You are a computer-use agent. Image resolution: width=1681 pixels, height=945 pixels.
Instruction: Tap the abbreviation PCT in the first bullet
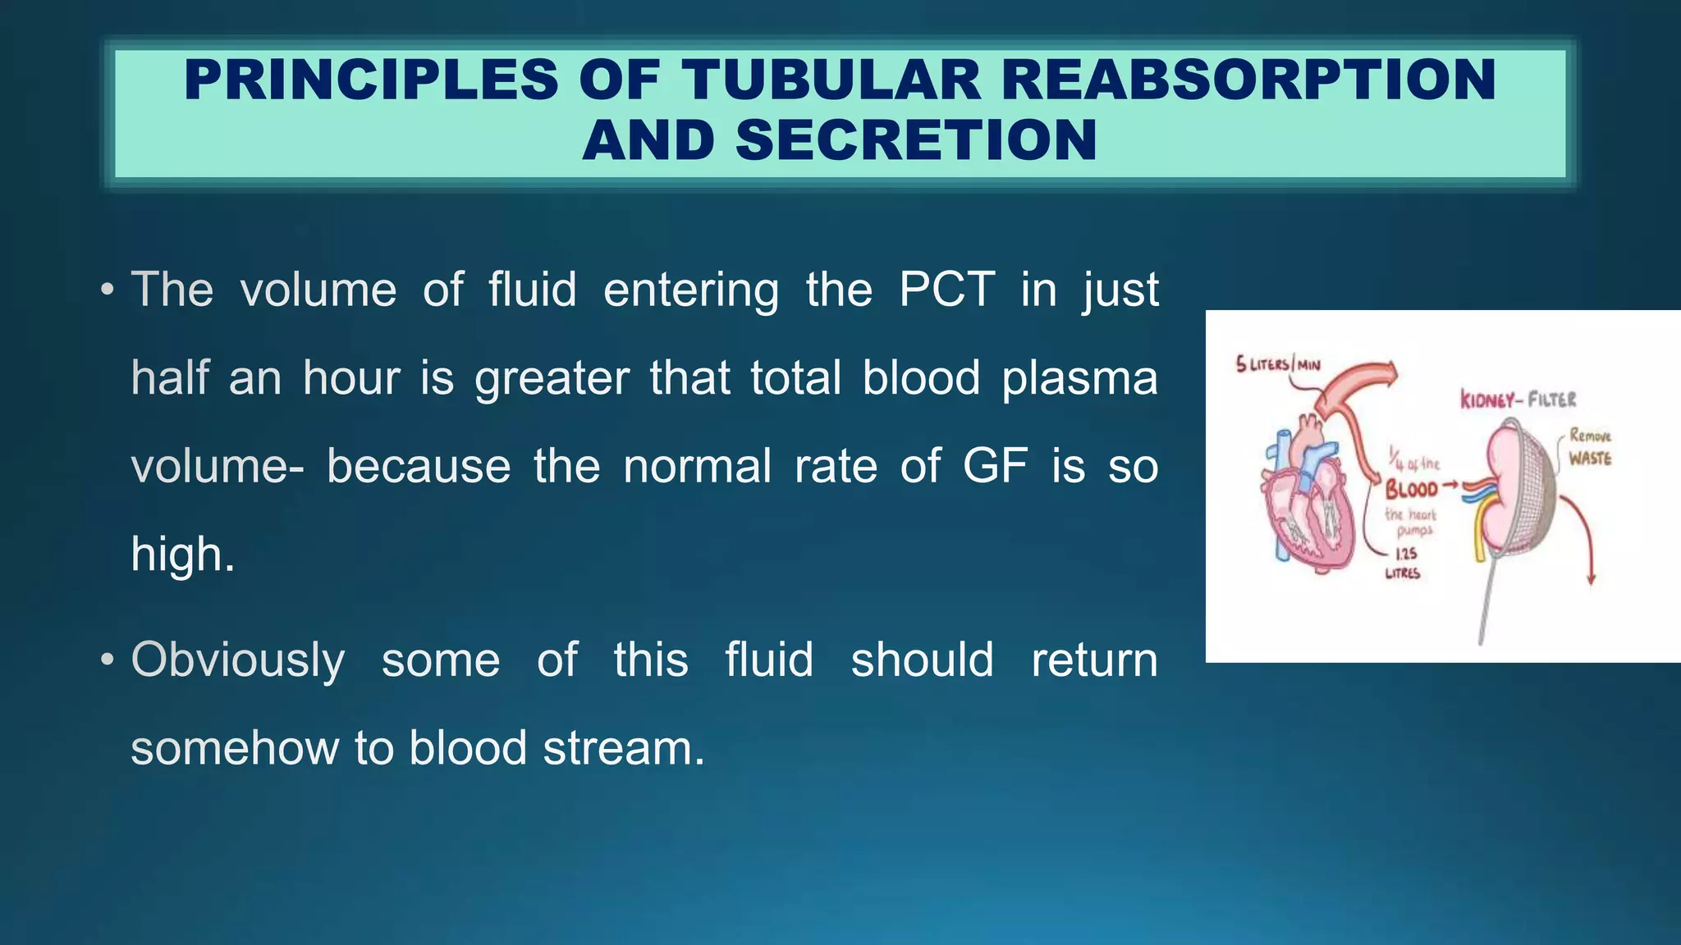pos(946,290)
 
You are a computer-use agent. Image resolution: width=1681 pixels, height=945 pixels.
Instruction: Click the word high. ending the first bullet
pos(182,555)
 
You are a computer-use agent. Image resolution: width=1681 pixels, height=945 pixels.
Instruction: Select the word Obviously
pos(237,660)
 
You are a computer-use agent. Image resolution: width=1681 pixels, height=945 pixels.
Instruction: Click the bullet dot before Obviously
pos(106,660)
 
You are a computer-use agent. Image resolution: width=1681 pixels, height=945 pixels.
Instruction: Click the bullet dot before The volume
pos(106,290)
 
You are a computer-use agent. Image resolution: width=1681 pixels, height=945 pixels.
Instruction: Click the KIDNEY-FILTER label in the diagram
pos(1518,399)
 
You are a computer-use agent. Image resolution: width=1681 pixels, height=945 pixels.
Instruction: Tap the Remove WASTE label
pos(1590,447)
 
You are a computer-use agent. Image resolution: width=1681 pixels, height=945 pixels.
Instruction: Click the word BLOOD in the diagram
pos(1411,490)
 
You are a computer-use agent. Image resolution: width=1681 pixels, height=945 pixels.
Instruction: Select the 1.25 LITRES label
pos(1403,564)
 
